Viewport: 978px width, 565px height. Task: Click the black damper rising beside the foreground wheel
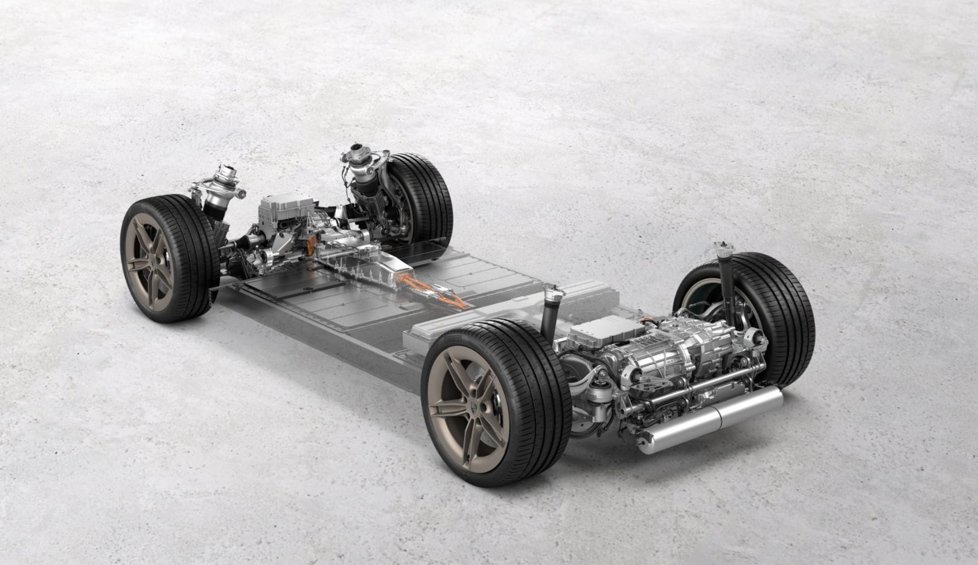click(550, 314)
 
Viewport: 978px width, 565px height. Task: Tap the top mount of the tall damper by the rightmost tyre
click(720, 247)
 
